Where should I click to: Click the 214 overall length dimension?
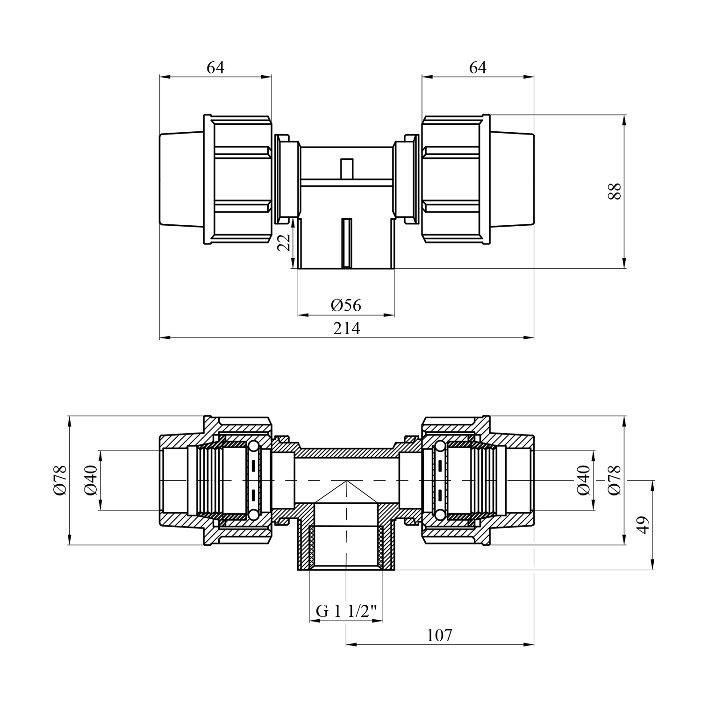pyautogui.click(x=346, y=329)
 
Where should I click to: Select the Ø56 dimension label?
pyautogui.click(x=346, y=305)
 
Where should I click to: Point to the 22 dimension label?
pyautogui.click(x=285, y=243)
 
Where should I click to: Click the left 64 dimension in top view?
pyautogui.click(x=215, y=68)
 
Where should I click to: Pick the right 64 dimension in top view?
pyautogui.click(x=478, y=68)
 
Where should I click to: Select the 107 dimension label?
pyautogui.click(x=439, y=635)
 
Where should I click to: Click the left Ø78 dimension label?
pyautogui.click(x=61, y=480)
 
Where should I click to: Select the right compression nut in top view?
pyautogui.click(x=456, y=179)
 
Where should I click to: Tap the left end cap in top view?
pyautogui.click(x=182, y=179)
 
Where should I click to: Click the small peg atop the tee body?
pyautogui.click(x=346, y=169)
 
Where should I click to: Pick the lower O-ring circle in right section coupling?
pyautogui.click(x=440, y=515)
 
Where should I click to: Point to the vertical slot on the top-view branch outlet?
pyautogui.click(x=346, y=243)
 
